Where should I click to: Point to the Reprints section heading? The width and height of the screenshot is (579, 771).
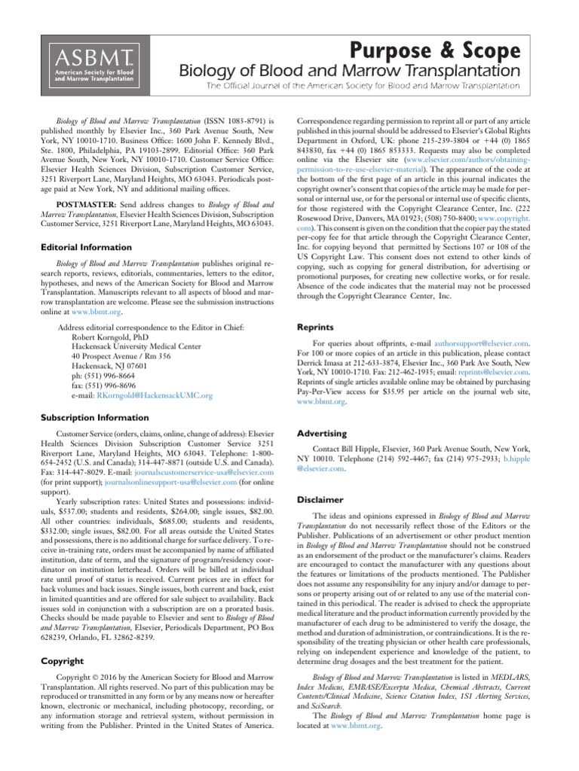click(321, 328)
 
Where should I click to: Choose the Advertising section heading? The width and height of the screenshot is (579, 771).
click(322, 434)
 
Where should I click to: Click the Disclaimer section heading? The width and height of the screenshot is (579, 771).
click(321, 499)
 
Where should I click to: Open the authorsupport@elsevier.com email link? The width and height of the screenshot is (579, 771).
click(481, 342)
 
